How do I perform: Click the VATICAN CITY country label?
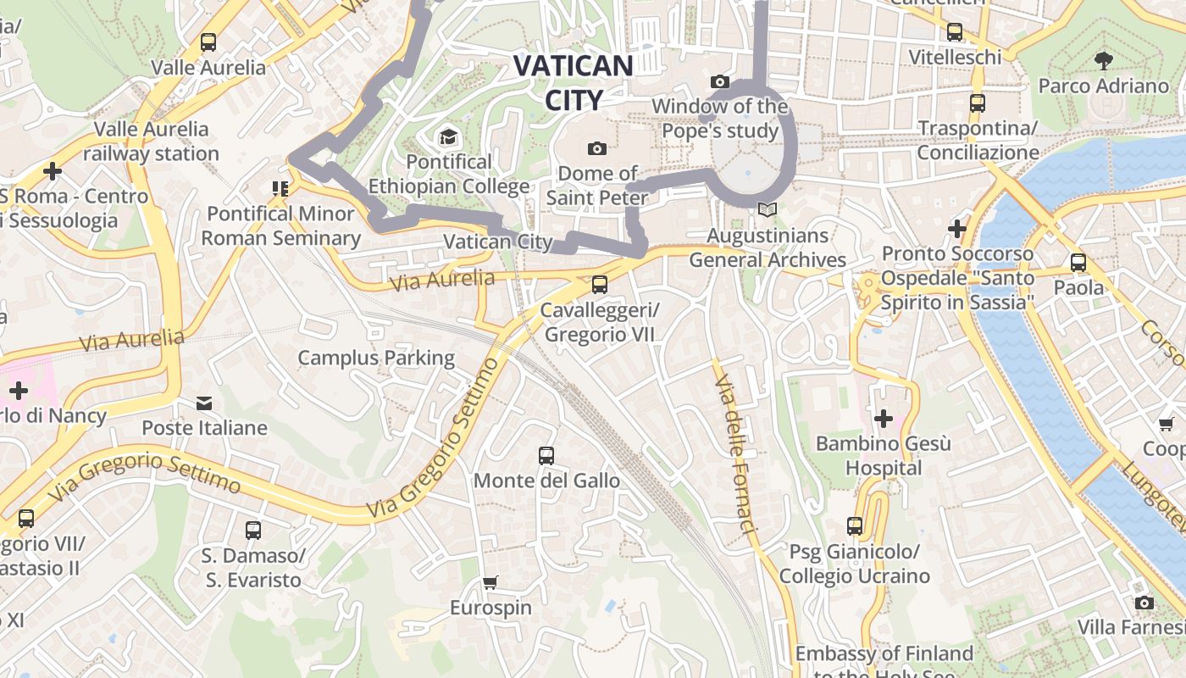click(x=574, y=82)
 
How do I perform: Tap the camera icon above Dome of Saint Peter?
click(x=597, y=149)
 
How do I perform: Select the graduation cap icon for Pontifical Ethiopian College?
click(x=447, y=136)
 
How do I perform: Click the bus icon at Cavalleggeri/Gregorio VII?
click(x=600, y=285)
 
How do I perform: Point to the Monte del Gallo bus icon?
click(x=546, y=456)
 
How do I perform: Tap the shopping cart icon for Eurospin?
click(x=490, y=582)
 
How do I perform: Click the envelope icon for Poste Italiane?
click(x=204, y=403)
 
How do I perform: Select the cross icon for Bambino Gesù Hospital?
click(x=884, y=419)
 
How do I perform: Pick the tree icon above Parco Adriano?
click(x=1103, y=60)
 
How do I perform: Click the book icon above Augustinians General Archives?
click(x=768, y=209)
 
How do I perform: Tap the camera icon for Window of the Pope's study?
click(x=720, y=81)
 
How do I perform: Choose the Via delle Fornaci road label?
click(x=734, y=454)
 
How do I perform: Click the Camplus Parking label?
click(x=376, y=358)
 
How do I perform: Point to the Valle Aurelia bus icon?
click(x=208, y=42)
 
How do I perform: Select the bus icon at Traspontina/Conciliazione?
click(x=978, y=103)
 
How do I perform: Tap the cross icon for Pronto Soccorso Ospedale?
click(x=957, y=229)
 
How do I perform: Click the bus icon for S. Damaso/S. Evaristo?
click(x=252, y=531)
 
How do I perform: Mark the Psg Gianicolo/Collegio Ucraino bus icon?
click(x=855, y=526)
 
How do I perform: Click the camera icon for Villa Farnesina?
click(x=1144, y=603)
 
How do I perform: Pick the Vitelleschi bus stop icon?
click(x=955, y=32)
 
